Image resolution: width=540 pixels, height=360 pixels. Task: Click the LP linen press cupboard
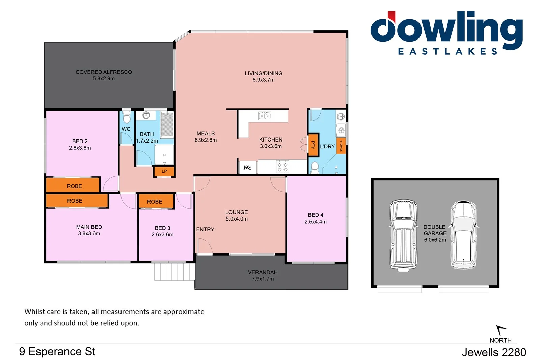164,171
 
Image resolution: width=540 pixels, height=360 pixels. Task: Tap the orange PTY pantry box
313,145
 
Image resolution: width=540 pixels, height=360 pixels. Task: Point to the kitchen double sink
265,116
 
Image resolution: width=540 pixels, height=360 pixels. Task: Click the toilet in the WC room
127,117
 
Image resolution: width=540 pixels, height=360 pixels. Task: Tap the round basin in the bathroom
146,115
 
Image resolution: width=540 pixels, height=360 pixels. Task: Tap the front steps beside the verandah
174,272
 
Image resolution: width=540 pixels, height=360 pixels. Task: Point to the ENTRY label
205,229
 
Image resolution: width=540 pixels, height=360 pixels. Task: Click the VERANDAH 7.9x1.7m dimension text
263,279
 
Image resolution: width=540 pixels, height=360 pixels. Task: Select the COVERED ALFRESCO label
104,72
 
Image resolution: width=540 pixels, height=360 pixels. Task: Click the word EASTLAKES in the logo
448,52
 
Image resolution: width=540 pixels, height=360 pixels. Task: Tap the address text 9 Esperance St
57,352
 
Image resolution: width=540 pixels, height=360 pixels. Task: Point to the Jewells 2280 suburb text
494,352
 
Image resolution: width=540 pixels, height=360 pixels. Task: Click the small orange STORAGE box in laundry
341,146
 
